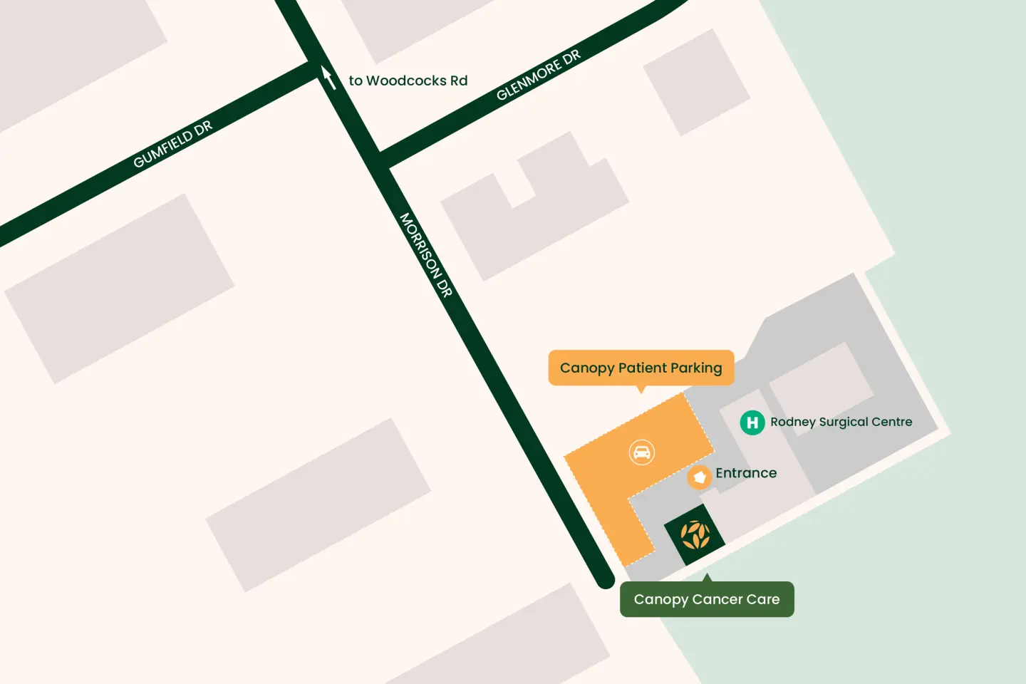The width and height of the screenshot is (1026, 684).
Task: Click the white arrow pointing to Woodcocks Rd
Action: click(328, 77)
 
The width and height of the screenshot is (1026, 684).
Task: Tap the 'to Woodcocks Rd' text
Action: click(408, 81)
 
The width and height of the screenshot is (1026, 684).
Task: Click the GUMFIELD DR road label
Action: click(172, 144)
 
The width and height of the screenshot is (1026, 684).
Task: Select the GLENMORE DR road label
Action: click(539, 75)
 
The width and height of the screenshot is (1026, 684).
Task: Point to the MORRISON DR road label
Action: click(426, 254)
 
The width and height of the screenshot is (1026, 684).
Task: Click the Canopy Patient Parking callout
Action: click(641, 368)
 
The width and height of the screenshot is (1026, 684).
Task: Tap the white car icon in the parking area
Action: click(642, 452)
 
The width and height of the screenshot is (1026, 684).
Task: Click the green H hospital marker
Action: click(752, 423)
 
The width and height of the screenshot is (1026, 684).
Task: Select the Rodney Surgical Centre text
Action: click(841, 422)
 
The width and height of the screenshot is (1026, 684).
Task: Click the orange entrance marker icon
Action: click(700, 477)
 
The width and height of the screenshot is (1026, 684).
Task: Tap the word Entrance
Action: click(746, 473)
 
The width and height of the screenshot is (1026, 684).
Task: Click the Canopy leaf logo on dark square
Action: click(695, 535)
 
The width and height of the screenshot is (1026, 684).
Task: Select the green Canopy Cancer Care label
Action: click(707, 599)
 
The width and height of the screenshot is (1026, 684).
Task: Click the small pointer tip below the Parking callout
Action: click(641, 390)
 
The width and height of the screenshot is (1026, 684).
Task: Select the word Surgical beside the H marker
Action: click(844, 422)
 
